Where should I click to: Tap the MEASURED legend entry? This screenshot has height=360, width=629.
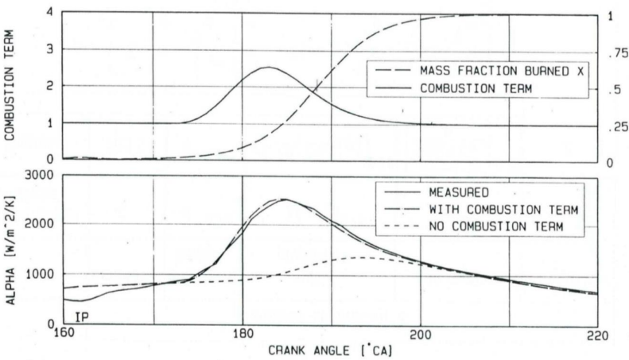coord(460,193)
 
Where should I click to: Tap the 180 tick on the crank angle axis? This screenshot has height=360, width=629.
coord(241,335)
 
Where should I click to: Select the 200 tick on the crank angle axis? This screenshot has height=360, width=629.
coord(420,335)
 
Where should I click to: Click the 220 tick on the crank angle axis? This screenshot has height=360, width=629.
coord(598,335)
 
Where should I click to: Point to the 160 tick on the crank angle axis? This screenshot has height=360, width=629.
coord(62,335)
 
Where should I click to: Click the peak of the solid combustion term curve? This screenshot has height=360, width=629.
coord(269,67)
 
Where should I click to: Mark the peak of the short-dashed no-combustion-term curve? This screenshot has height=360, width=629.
coord(362,257)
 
